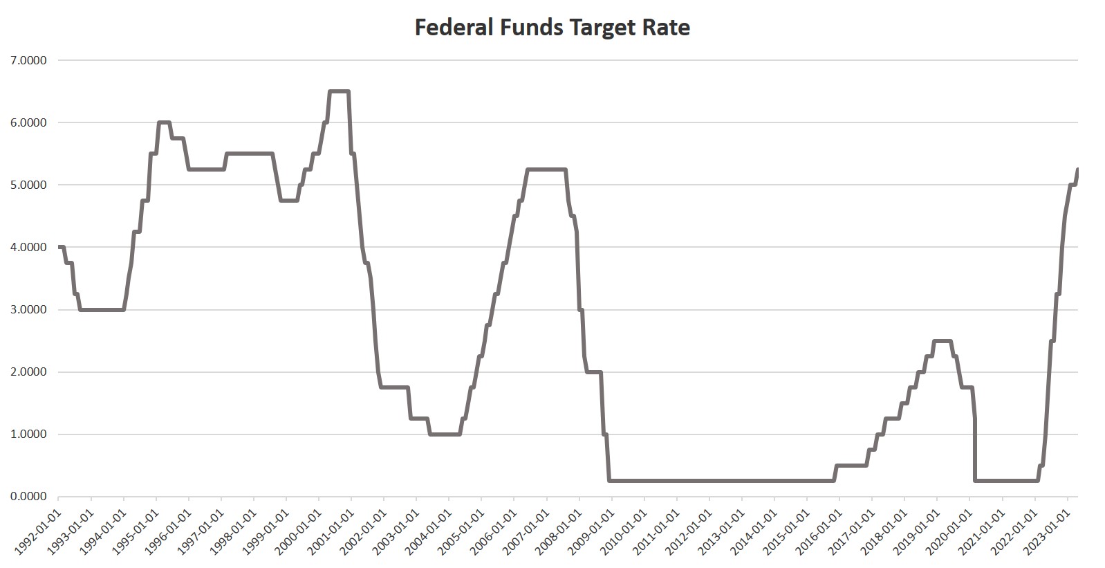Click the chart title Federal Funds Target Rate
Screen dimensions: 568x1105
[x=552, y=28]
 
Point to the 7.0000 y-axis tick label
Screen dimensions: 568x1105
[x=29, y=60]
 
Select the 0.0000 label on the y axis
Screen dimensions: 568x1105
[x=29, y=497]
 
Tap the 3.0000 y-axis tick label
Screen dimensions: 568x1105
[x=29, y=309]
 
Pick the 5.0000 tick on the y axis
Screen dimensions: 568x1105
[x=29, y=185]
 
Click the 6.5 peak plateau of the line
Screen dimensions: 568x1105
[x=339, y=91]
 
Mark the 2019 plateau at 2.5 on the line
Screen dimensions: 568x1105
[x=943, y=340]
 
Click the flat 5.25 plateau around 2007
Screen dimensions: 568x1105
[x=546, y=170]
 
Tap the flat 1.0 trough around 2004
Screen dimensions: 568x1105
[x=445, y=434]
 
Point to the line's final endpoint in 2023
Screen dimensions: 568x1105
[x=1077, y=170]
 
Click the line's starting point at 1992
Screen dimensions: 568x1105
[x=59, y=247]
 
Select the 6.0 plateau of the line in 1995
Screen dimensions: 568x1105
[x=164, y=122]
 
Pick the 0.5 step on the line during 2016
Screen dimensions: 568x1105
[x=851, y=466]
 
